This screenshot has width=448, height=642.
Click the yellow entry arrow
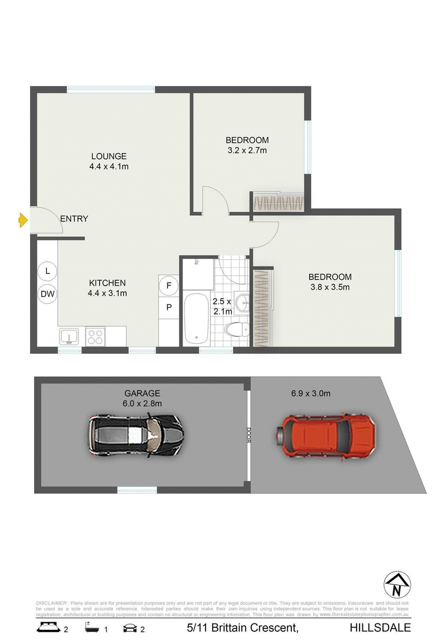coord(23,220)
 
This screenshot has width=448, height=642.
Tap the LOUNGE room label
coord(110,156)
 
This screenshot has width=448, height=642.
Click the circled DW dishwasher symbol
coord(48,293)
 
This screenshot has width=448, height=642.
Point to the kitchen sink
coord(69,336)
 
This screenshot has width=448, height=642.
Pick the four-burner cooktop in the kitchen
coord(95,336)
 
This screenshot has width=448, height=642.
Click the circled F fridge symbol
coord(168,285)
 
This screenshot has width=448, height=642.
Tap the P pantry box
coord(168,307)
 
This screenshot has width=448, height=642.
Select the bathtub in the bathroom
coord(196,318)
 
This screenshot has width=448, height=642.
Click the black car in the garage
coord(136,435)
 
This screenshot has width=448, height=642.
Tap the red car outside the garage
coord(325,435)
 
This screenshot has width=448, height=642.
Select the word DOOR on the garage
coord(248,435)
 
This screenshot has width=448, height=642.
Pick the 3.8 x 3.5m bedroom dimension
coord(330,288)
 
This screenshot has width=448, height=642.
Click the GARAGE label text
coord(143,394)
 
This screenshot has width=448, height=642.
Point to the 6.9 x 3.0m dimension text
coord(311,394)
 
